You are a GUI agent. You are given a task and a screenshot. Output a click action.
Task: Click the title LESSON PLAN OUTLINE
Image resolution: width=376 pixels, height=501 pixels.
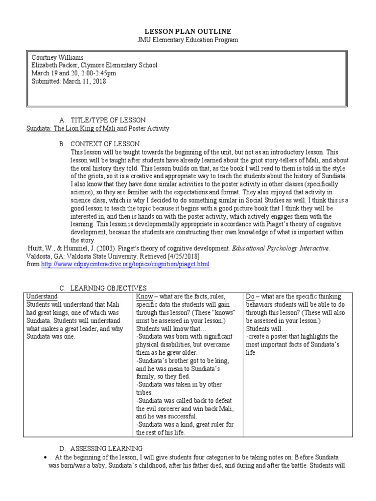point(188,31)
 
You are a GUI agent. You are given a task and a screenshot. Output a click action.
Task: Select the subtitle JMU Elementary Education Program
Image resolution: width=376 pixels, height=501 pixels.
point(188,40)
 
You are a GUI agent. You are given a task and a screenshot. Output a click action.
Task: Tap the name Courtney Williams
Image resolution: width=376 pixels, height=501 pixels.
point(57,57)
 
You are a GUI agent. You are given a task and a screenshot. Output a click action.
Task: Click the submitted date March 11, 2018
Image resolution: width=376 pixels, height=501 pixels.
point(84,82)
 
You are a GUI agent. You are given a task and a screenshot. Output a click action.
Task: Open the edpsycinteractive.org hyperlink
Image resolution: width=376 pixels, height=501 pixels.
point(125,264)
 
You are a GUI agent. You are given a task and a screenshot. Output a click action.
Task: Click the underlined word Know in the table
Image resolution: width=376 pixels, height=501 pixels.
point(144,296)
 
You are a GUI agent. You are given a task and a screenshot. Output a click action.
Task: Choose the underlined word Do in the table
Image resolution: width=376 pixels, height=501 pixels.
point(250,296)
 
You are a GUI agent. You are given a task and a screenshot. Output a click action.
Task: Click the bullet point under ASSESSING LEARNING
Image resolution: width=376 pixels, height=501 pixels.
point(45,456)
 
